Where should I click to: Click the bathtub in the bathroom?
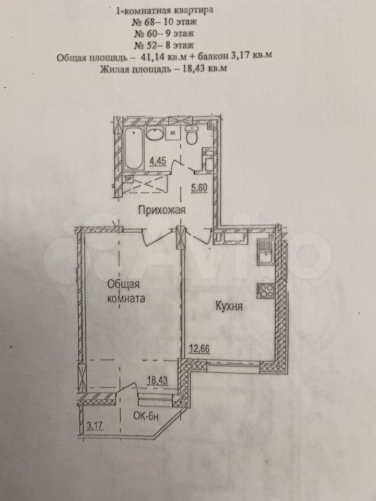click(133, 148)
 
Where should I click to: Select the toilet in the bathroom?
click(192, 136)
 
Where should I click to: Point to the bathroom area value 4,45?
click(158, 161)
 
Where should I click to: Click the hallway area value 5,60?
click(199, 188)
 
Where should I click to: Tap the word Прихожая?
click(162, 210)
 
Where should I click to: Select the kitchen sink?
click(266, 253)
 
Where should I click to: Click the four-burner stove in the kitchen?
click(265, 291)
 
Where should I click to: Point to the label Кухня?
click(229, 306)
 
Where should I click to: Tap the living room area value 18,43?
click(157, 380)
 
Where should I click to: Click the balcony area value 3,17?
click(95, 426)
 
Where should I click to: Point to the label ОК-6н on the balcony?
click(146, 416)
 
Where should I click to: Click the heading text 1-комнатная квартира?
click(164, 10)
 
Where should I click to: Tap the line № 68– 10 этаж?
click(164, 22)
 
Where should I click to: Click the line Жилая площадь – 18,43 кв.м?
click(163, 68)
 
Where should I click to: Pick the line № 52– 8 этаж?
click(163, 45)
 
